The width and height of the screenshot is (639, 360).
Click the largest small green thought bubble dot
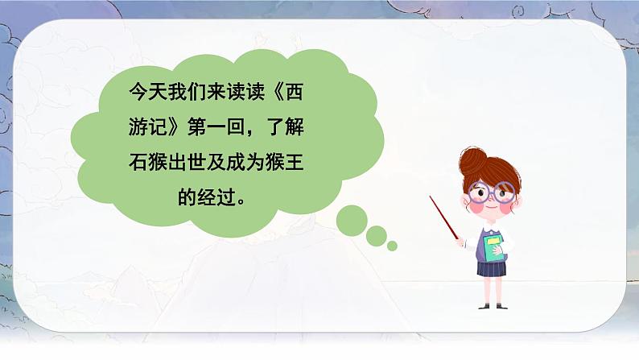351,219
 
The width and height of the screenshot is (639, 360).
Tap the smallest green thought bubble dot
392,246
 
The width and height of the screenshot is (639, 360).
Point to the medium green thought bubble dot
377,235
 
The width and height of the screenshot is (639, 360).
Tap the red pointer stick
444,217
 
